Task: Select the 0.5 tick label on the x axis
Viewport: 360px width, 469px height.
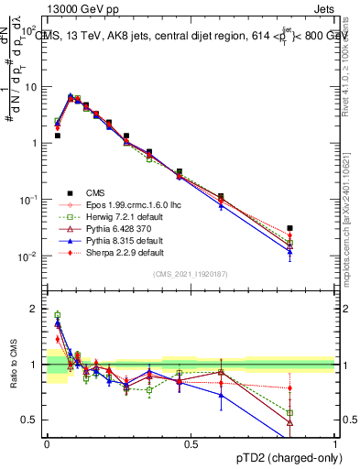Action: pyautogui.click(x=191, y=443)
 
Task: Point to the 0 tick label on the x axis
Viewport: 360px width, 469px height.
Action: pyautogui.click(x=47, y=443)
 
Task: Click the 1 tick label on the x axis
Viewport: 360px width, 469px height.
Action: pyautogui.click(x=333, y=443)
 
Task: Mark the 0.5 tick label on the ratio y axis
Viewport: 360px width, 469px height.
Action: pyautogui.click(x=30, y=420)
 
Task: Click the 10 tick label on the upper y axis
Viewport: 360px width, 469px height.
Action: pyautogui.click(x=31, y=87)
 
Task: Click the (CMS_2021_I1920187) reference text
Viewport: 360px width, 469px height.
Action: pyautogui.click(x=190, y=274)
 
